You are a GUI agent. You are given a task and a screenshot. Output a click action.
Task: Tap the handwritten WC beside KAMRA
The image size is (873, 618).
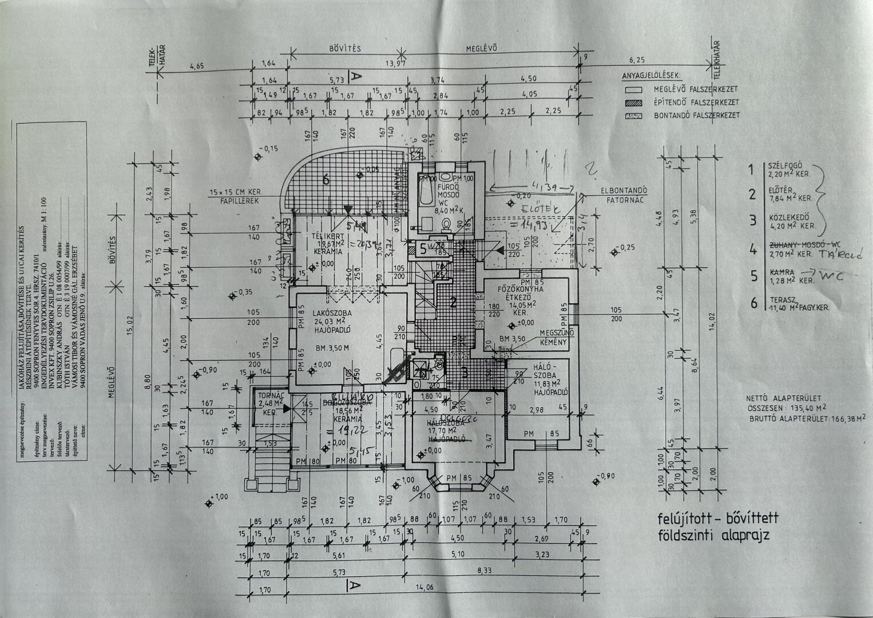pos(835,276)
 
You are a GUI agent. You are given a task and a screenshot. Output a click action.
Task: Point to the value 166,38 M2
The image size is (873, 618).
pos(841,418)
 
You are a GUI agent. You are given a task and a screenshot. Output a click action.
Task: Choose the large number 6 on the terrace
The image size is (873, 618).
pos(327,180)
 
